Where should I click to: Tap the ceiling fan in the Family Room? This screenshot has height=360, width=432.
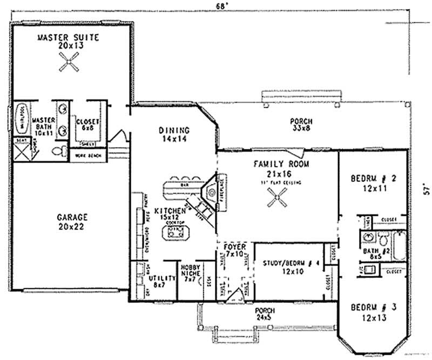pyautogui.click(x=278, y=201)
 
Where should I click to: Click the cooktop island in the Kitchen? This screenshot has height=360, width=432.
pyautogui.click(x=177, y=234)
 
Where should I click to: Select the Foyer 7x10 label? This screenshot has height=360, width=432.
pyautogui.click(x=235, y=250)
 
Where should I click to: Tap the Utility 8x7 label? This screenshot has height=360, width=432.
pyautogui.click(x=165, y=281)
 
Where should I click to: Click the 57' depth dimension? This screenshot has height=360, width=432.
pyautogui.click(x=427, y=190)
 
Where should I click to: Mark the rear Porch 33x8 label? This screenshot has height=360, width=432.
pyautogui.click(x=301, y=125)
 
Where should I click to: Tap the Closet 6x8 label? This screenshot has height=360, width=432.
pyautogui.click(x=87, y=125)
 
